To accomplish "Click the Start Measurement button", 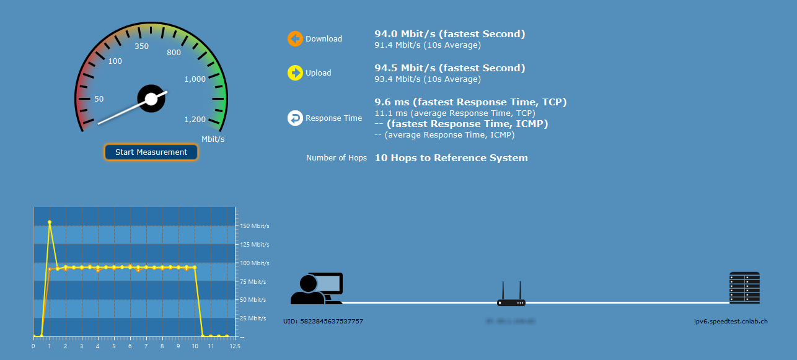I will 151,152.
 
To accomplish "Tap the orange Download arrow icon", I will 295,38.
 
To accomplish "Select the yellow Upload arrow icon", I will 295,72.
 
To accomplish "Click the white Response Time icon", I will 295,118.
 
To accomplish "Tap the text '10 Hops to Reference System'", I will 451,158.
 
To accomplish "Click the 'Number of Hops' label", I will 337,158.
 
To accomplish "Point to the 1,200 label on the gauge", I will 195,120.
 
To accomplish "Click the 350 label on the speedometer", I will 142,46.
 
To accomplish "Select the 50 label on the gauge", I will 99,99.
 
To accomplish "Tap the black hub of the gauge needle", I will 151,99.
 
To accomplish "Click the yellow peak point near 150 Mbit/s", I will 50,222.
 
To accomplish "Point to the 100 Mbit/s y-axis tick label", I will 253,263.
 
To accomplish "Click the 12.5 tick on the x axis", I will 235,346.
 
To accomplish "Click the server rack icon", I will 744,288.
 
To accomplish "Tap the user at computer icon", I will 317,289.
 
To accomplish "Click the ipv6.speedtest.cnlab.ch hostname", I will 731,321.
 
